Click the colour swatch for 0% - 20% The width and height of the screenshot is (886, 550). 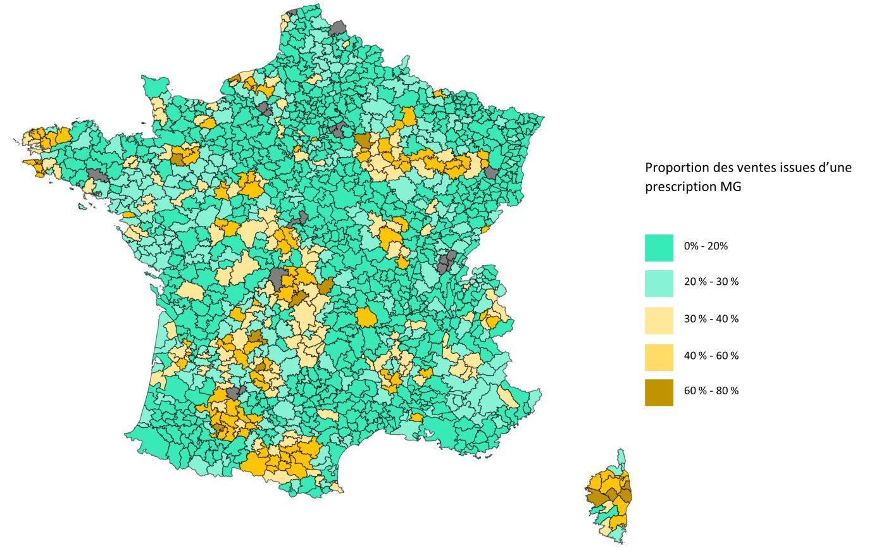[659, 247]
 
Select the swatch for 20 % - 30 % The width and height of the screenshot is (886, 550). [659, 283]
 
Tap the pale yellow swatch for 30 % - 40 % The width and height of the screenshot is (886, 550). [659, 320]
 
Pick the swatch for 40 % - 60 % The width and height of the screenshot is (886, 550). [659, 357]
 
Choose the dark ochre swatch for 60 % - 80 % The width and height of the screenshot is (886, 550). [659, 392]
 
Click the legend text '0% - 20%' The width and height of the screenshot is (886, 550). [706, 246]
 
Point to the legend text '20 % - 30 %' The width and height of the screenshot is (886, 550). [711, 282]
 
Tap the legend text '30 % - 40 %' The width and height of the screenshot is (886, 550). [711, 319]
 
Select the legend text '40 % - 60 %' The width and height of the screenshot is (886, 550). [711, 356]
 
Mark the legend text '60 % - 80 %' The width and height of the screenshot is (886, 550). [711, 391]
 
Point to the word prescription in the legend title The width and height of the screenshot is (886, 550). [680, 187]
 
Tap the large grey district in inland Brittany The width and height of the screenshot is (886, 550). [97, 175]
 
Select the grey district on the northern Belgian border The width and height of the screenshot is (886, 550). [338, 28]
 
